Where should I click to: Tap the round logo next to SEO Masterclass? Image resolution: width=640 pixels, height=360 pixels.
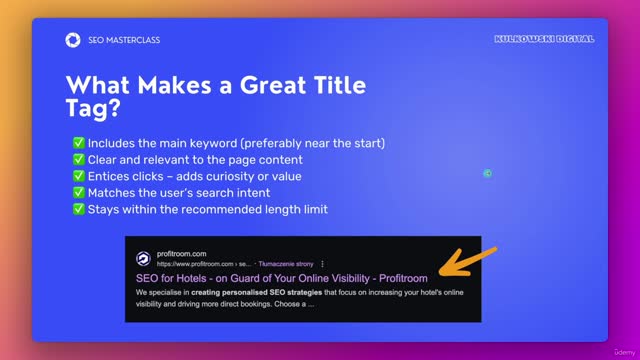pyautogui.click(x=73, y=40)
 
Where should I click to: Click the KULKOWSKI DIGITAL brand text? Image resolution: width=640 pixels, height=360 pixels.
pyautogui.click(x=544, y=39)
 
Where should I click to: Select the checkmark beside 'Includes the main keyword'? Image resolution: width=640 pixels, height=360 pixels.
pyautogui.click(x=78, y=144)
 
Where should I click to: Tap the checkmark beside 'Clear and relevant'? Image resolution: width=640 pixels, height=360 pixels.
pyautogui.click(x=78, y=160)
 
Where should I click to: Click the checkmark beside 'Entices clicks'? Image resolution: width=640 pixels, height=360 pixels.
pyautogui.click(x=78, y=176)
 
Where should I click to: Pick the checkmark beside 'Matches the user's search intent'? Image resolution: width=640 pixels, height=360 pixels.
pyautogui.click(x=78, y=193)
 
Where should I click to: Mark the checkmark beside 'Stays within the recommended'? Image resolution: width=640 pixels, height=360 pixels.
pyautogui.click(x=78, y=209)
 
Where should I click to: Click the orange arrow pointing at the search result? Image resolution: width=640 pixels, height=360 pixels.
pyautogui.click(x=461, y=264)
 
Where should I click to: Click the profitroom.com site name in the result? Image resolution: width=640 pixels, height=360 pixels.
pyautogui.click(x=181, y=253)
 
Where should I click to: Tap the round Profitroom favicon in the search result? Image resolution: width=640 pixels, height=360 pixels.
pyautogui.click(x=143, y=258)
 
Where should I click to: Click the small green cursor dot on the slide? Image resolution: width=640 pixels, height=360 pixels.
pyautogui.click(x=487, y=173)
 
